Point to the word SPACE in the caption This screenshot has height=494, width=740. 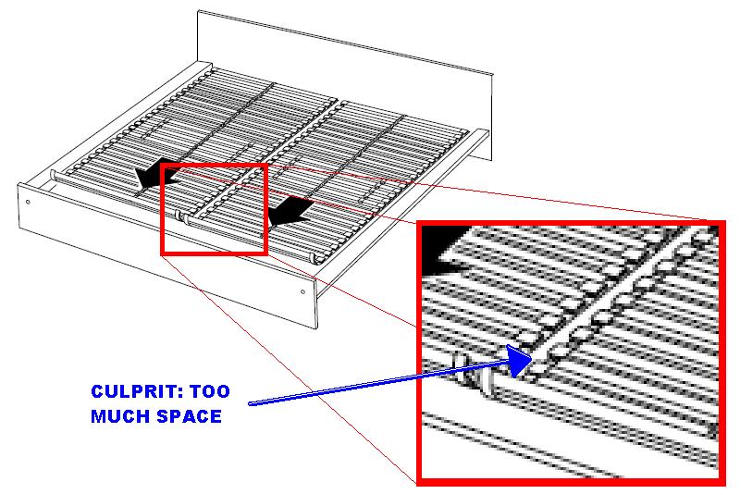coord(189,416)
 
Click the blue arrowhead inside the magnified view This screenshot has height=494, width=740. coord(518,360)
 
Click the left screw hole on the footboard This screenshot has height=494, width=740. coord(29,202)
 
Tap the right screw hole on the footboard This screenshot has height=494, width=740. coord(303,290)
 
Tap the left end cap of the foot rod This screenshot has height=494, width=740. coord(54,173)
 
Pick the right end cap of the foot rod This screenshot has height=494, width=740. coord(320,259)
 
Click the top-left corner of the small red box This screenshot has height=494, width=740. coord(163,165)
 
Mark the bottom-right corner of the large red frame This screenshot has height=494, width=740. coord(722,482)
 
